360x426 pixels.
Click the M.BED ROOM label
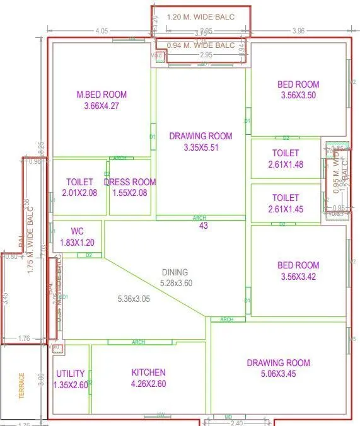coord(101,95)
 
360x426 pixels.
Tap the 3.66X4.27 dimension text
coord(101,106)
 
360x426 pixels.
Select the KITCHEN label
coord(148,372)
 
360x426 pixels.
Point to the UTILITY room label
coord(70,374)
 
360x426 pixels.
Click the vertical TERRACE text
coord(21,386)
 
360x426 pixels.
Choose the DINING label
coord(175,272)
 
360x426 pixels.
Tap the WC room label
coord(76,231)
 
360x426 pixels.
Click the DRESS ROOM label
coord(129,182)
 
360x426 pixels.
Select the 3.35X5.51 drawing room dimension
coord(200,147)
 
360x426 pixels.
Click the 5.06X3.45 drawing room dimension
coord(278,374)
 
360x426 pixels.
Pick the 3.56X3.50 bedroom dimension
coord(298,96)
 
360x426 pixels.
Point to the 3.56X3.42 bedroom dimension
coord(298,277)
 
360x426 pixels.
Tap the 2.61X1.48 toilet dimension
coord(286,164)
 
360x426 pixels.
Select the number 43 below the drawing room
coord(204,226)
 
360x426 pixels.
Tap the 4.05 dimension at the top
coord(102,30)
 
